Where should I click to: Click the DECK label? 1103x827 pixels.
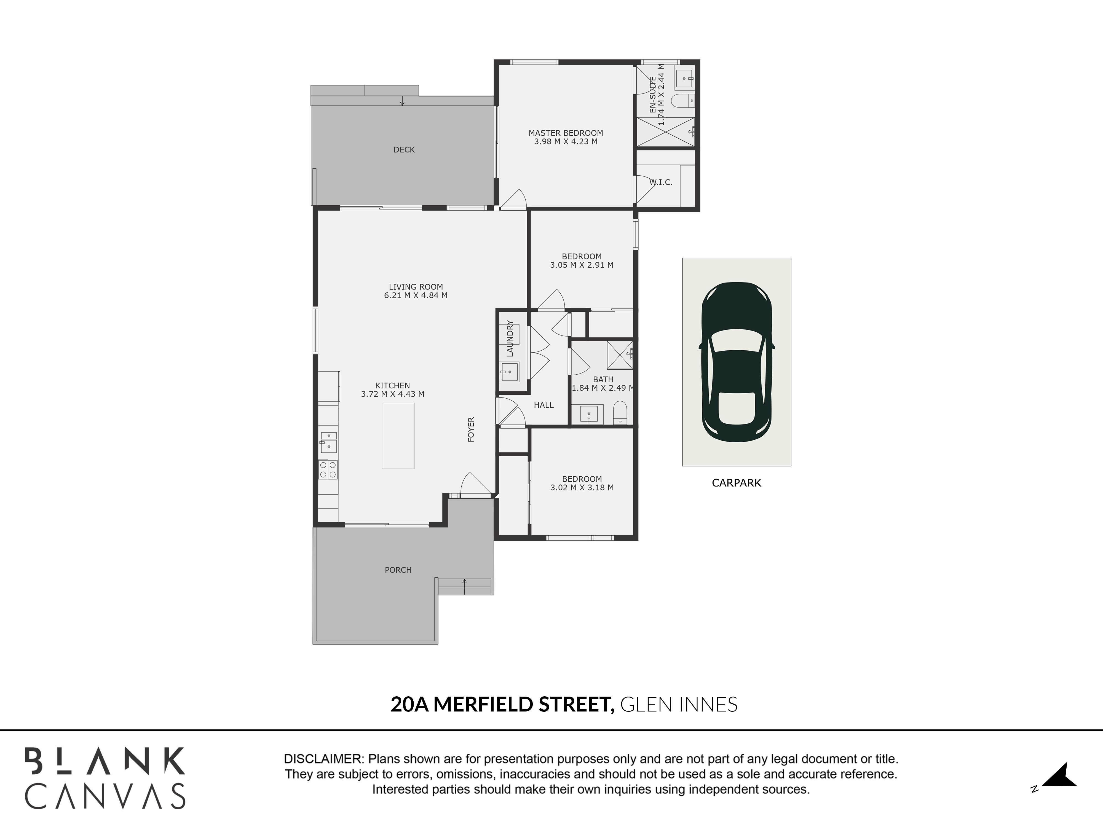[404, 149]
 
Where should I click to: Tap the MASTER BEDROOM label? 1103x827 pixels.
[566, 133]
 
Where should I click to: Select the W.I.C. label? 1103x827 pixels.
[661, 182]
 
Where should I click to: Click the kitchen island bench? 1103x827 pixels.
[398, 436]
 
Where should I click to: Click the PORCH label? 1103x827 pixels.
[398, 570]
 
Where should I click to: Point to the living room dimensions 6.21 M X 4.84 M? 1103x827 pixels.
[416, 295]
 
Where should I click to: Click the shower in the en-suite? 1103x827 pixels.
[666, 132]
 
